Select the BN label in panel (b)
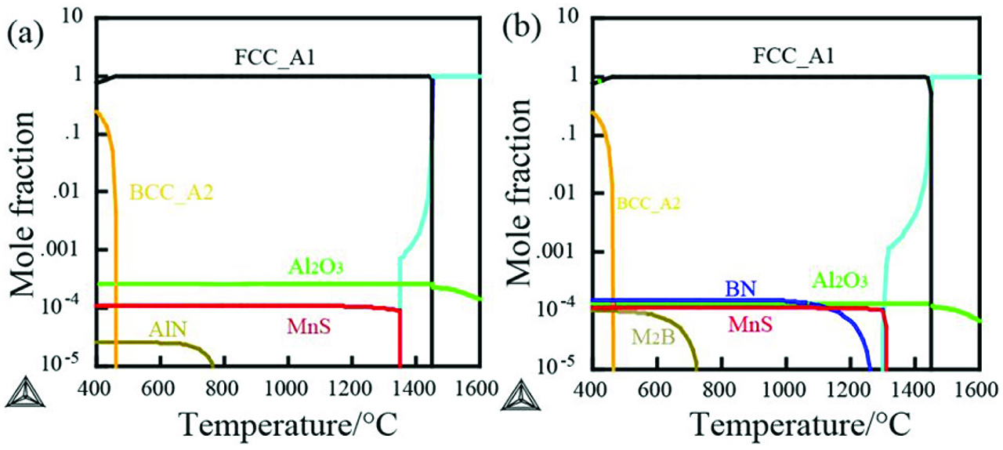[739, 289]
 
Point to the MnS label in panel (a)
[308, 324]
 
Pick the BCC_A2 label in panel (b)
[648, 203]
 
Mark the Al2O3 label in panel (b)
[838, 280]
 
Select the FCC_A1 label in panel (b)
[789, 56]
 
